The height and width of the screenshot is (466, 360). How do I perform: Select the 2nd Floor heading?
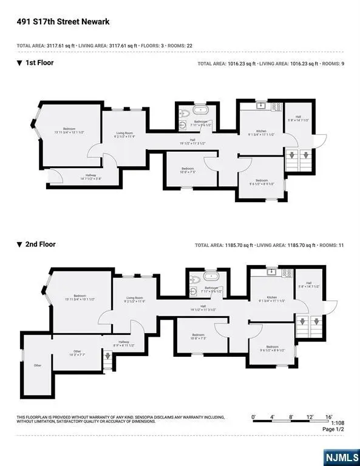pyautogui.click(x=40, y=245)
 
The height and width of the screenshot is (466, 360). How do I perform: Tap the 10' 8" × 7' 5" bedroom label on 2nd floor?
pyautogui.click(x=198, y=337)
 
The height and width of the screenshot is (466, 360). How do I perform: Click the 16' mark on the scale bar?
pyautogui.click(x=329, y=417)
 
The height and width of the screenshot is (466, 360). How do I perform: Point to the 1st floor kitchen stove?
pyautogui.click(x=274, y=107)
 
